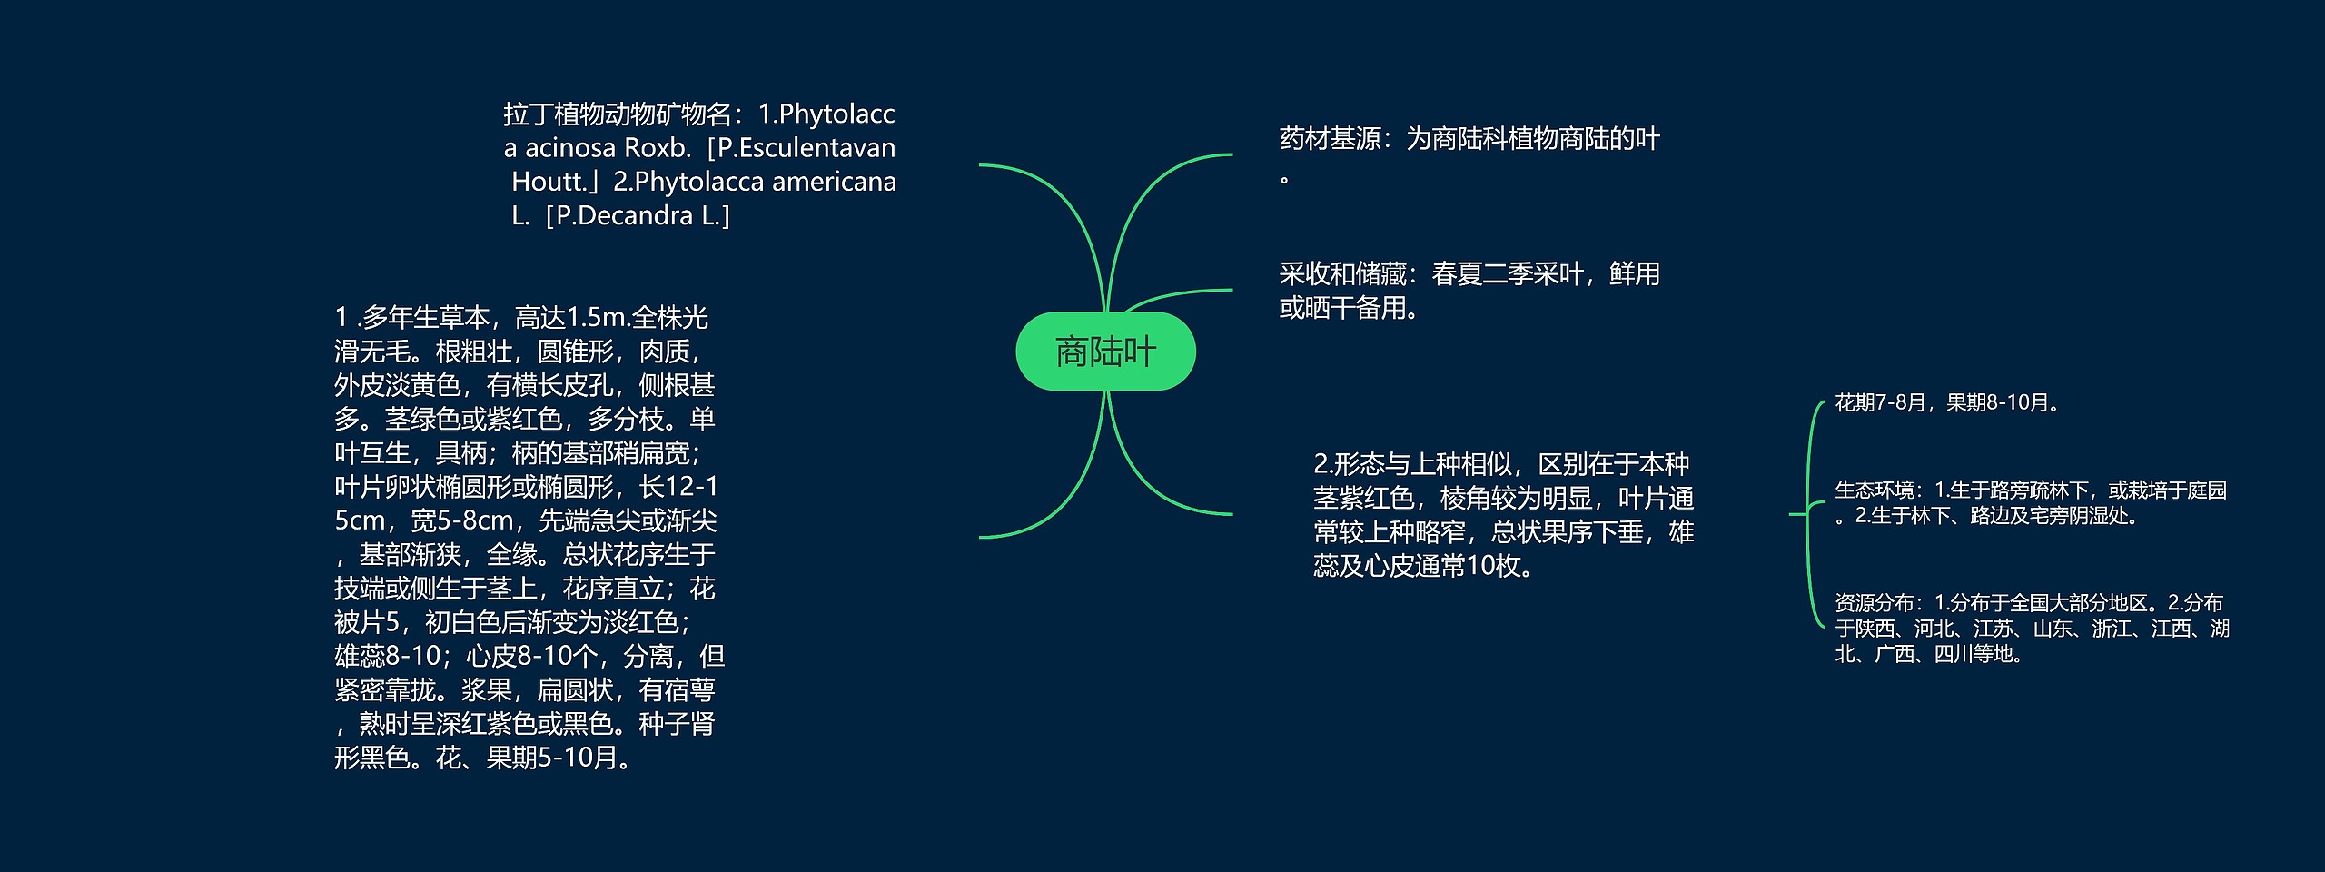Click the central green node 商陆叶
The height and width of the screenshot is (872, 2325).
(x=1105, y=352)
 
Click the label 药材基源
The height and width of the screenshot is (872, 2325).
(x=1330, y=139)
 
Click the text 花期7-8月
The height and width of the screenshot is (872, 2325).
(x=1880, y=402)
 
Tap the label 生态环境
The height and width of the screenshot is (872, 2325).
(x=1874, y=490)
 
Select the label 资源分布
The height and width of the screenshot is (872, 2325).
(x=1874, y=603)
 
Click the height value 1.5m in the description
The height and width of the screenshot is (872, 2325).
(x=596, y=318)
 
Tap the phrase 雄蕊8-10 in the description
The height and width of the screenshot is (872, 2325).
(x=387, y=656)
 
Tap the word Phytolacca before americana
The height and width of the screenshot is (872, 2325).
(x=699, y=182)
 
